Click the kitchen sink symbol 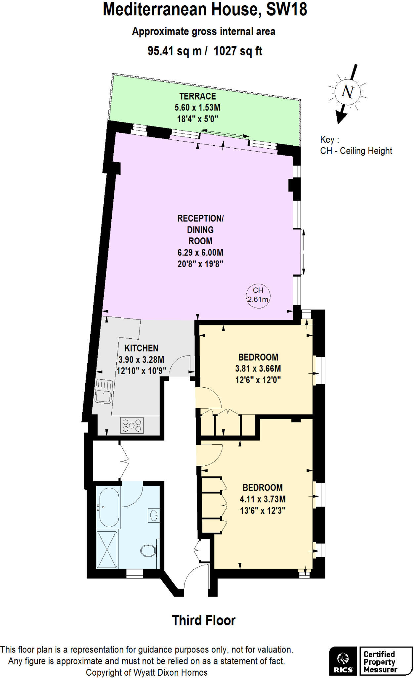[104, 391]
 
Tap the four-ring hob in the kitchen [132, 426]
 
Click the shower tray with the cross [107, 550]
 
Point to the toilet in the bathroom [147, 551]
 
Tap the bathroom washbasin [154, 515]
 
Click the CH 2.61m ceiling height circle [258, 295]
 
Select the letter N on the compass [348, 91]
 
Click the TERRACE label [197, 96]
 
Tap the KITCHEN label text [141, 348]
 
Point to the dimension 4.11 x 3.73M [263, 499]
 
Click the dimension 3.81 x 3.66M [258, 368]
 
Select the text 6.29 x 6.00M [200, 253]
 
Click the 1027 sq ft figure [238, 51]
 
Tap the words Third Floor [203, 620]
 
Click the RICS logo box [343, 661]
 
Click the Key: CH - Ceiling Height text [356, 145]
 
